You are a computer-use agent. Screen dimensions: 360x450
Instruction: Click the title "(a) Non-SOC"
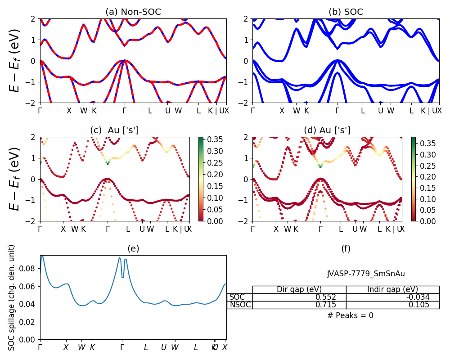pyautogui.click(x=133, y=12)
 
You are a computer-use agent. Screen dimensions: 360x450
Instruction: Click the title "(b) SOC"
pyautogui.click(x=346, y=12)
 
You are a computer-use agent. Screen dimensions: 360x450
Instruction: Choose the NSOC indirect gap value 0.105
pyautogui.click(x=418, y=305)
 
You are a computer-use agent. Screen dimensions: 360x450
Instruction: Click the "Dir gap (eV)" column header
pyautogui.click(x=299, y=289)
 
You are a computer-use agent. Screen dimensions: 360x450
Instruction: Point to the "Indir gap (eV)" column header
pyautogui.click(x=392, y=289)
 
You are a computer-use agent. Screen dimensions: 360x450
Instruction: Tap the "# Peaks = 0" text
pyautogui.click(x=350, y=315)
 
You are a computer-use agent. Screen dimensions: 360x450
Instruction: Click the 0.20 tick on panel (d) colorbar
pyautogui.click(x=426, y=177)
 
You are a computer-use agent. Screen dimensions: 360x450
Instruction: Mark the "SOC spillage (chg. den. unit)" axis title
pyautogui.click(x=12, y=297)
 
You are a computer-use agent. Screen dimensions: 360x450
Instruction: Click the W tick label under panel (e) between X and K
pyautogui.click(x=81, y=347)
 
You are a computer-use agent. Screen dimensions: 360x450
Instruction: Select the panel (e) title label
pyautogui.click(x=133, y=248)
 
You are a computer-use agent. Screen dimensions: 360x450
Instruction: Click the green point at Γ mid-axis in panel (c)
pyautogui.click(x=108, y=163)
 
